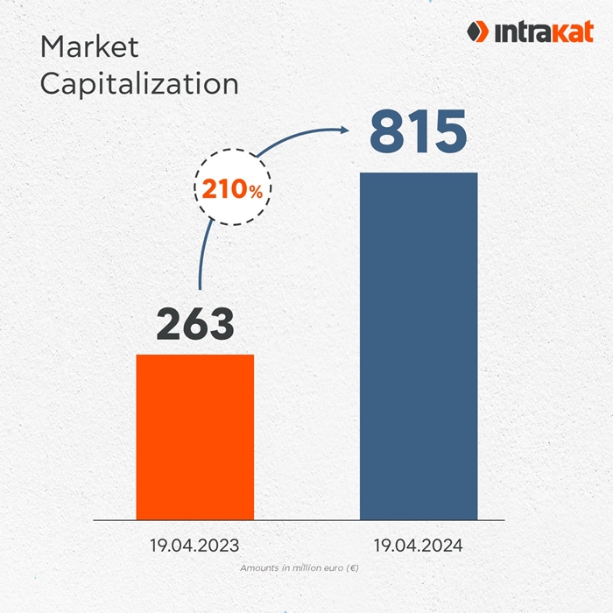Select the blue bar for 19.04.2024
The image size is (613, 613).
point(419,346)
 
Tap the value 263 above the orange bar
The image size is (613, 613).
point(195,323)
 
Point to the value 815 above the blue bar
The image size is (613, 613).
point(418,130)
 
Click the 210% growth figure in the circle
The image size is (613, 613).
point(232,189)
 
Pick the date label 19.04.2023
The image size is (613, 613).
point(195,546)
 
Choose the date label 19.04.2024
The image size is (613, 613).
point(419,546)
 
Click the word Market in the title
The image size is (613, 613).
point(89,46)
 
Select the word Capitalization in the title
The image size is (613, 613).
point(139,83)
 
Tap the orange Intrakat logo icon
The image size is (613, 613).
point(477,32)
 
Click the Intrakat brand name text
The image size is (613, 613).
point(538,33)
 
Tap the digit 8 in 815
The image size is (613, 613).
point(386,130)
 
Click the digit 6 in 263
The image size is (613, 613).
point(195,323)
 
